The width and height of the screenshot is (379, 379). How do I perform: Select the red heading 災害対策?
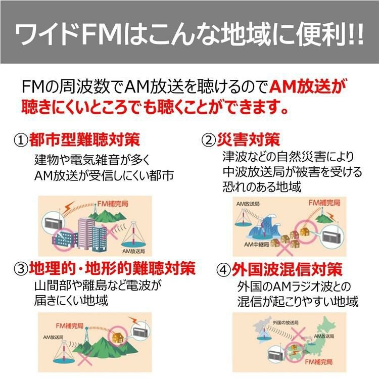coord(248,139)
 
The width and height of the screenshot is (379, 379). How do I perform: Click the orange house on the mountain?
coord(120,336)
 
